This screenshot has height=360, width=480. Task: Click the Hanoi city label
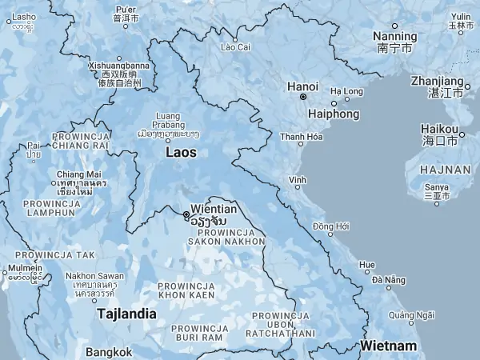coord(303,86)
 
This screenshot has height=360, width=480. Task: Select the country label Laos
coord(180,151)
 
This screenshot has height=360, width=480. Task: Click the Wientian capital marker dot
coord(186,214)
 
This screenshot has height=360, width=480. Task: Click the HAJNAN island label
coord(435,169)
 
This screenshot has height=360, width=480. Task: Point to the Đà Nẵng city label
coord(388,279)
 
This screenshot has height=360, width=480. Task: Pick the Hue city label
coord(366,265)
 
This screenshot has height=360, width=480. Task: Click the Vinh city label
coord(298,179)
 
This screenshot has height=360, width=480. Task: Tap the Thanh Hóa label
coord(302,137)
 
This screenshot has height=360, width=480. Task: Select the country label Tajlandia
coord(126,314)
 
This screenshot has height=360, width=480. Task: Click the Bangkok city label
coord(110,352)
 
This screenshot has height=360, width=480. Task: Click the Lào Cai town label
coord(235,47)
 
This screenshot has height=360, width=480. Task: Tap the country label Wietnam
coord(388,346)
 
